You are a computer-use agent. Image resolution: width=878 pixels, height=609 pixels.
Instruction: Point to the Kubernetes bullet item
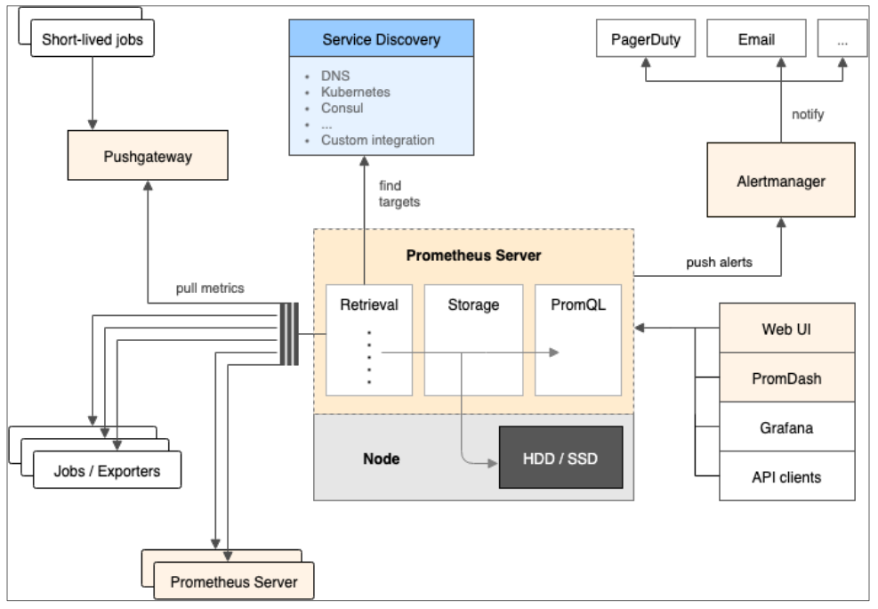[x=356, y=92]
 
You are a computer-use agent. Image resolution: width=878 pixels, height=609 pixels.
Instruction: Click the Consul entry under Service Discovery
[x=342, y=108]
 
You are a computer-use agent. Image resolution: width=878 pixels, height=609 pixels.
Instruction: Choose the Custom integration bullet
[x=378, y=140]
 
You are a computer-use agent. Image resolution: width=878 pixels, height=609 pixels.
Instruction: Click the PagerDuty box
[x=646, y=39]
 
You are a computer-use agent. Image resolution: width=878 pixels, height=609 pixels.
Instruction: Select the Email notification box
[x=756, y=39]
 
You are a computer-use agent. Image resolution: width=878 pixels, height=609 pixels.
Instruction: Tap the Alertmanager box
[x=780, y=181]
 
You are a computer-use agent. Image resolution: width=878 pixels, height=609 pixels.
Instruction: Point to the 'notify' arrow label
[x=808, y=115]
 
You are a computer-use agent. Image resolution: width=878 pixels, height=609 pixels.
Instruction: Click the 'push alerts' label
[x=719, y=263]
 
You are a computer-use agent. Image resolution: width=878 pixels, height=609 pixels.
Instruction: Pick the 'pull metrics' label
[x=209, y=288]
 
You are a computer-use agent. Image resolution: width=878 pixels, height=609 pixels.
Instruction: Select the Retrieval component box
[x=369, y=339]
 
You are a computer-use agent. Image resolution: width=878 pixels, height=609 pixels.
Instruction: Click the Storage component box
[x=473, y=339]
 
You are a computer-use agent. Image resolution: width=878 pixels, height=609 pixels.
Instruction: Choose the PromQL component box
[x=577, y=339]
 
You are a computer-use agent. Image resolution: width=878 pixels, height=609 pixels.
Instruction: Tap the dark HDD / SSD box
[x=560, y=458]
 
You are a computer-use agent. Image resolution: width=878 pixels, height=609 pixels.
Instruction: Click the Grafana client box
[x=786, y=428]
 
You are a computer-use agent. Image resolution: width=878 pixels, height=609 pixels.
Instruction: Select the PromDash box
[x=786, y=378]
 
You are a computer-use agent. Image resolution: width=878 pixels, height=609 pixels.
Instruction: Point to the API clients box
[x=786, y=477]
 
